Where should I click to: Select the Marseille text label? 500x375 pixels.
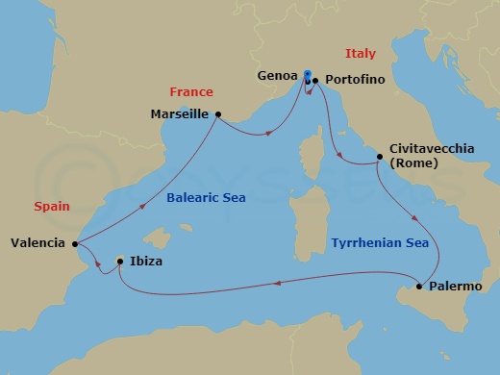click(181, 113)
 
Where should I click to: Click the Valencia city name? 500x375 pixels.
click(38, 242)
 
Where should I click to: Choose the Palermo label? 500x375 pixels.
click(456, 287)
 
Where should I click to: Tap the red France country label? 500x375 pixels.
click(190, 92)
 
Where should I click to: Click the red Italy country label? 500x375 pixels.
click(361, 54)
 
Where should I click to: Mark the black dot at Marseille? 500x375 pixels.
click(219, 114)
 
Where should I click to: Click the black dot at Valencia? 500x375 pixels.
click(75, 242)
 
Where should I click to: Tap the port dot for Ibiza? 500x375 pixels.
click(119, 261)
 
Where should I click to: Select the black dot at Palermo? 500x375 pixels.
click(420, 287)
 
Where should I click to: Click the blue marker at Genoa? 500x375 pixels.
click(307, 75)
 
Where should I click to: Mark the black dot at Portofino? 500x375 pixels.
click(314, 82)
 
